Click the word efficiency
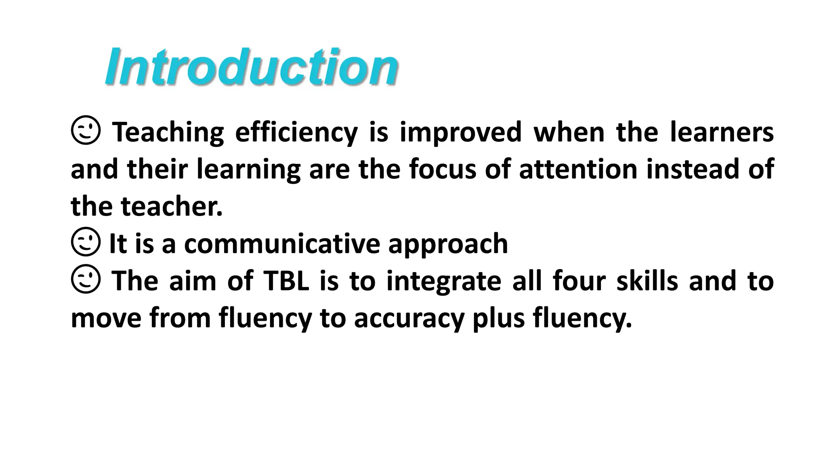tap(296, 132)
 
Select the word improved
tap(460, 132)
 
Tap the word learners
tap(721, 132)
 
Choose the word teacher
tap(172, 206)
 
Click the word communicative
tap(282, 243)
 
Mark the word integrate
tap(444, 281)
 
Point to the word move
tap(106, 318)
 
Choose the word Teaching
tap(168, 132)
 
